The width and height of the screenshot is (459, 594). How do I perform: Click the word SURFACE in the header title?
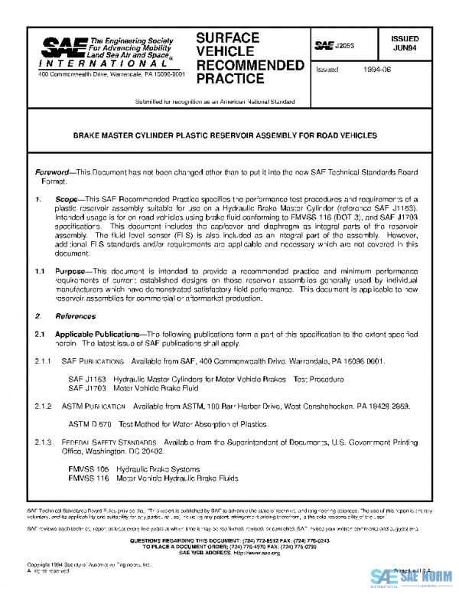(x=227, y=38)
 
